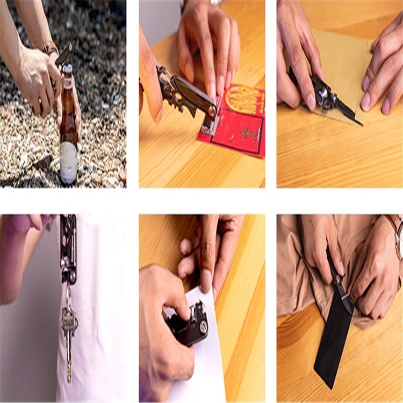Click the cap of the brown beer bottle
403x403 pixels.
(x=67, y=69)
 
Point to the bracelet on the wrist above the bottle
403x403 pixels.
(x=50, y=49)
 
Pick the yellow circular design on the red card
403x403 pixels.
(x=245, y=100)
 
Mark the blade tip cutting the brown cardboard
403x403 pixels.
(x=360, y=124)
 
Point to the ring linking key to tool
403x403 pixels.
(x=68, y=294)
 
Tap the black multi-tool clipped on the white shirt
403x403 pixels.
(x=68, y=247)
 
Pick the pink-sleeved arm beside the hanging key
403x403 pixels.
(x=21, y=258)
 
